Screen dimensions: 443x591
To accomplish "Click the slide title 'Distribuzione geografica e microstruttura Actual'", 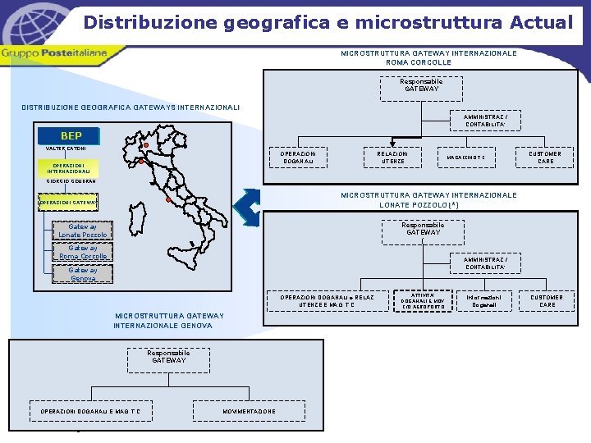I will click(x=328, y=22).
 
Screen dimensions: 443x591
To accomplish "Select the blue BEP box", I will click(x=71, y=135).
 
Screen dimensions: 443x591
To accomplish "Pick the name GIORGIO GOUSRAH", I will click(x=71, y=181).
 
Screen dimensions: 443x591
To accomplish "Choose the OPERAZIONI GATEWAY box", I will click(x=69, y=202).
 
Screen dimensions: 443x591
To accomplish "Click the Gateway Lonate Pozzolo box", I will click(x=83, y=231).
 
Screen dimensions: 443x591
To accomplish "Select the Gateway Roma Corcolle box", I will click(x=83, y=252).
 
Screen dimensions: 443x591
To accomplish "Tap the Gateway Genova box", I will click(x=83, y=274).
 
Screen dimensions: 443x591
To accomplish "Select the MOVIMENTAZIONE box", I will click(x=249, y=411).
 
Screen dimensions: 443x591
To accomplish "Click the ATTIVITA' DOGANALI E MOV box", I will click(x=424, y=301).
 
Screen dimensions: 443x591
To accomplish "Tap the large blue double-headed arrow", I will click(x=247, y=208).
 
